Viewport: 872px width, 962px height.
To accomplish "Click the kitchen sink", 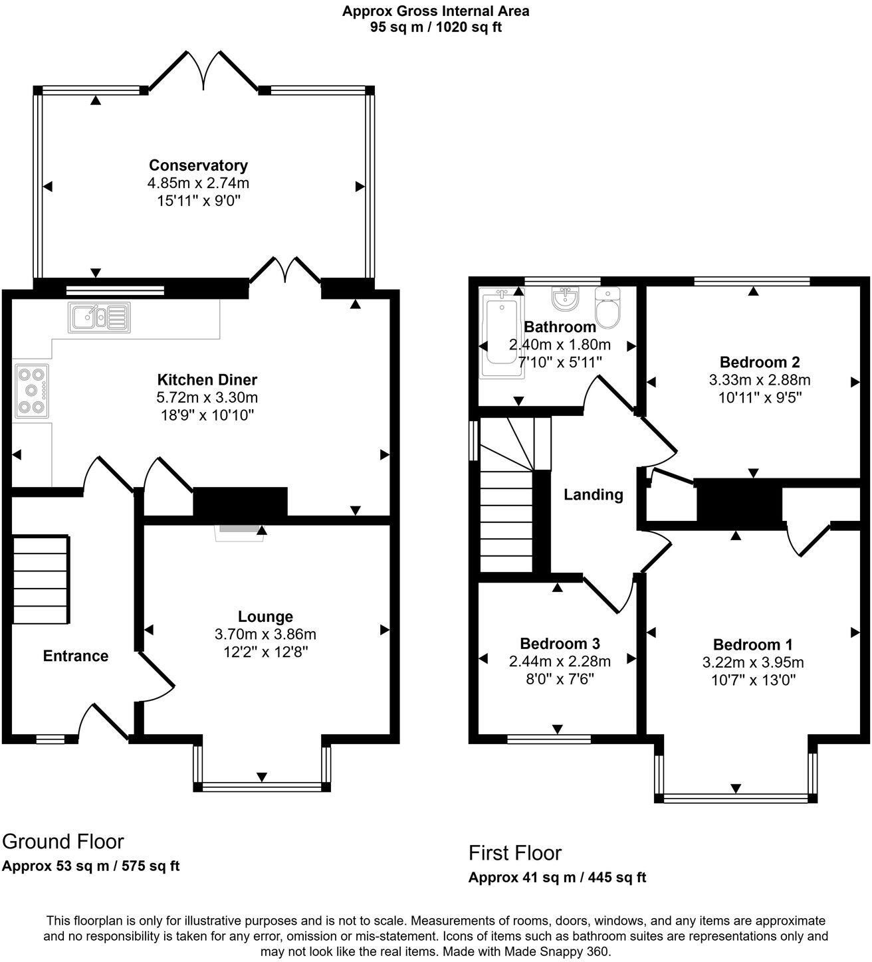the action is click(x=99, y=317).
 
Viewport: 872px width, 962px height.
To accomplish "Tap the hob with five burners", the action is click(x=32, y=391).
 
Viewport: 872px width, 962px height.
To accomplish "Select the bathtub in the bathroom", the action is click(x=501, y=332).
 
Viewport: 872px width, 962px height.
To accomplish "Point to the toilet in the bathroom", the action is click(x=607, y=308).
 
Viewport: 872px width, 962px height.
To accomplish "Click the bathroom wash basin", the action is click(x=566, y=298).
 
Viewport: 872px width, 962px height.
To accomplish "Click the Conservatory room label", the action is click(x=198, y=165).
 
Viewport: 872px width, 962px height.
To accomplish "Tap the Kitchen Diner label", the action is click(x=207, y=380).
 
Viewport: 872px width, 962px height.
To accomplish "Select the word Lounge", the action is click(x=265, y=617).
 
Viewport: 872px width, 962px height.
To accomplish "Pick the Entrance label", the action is click(x=76, y=656).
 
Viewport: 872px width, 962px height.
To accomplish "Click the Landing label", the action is click(x=593, y=495).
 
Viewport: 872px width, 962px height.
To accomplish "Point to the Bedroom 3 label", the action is click(x=560, y=644).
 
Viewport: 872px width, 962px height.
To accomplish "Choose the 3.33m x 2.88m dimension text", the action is click(x=760, y=380).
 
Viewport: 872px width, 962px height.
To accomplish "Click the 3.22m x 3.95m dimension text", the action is click(x=753, y=663).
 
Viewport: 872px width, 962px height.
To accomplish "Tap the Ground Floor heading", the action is click(x=63, y=842).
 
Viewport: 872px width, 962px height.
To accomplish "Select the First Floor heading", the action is click(x=515, y=853).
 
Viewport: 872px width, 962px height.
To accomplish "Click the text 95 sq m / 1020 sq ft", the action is click(x=436, y=27).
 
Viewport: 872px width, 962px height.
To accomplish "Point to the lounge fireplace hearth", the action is click(x=240, y=533).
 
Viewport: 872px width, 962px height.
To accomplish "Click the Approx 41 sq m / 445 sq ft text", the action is click(x=557, y=878).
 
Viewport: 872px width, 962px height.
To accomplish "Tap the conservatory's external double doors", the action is click(x=204, y=70).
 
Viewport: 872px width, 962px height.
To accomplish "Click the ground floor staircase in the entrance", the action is click(x=41, y=580).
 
